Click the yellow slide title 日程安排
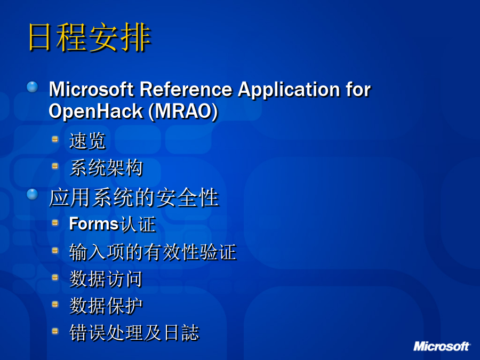coord(90,37)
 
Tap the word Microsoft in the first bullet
coord(91,89)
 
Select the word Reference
coord(186,89)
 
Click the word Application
coord(289,90)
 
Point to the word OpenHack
coord(96,112)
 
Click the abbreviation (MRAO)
coord(183,111)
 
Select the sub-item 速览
coord(87,141)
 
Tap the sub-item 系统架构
coord(106,168)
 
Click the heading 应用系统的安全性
coord(134,197)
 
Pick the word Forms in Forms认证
coord(94,223)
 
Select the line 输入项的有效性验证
coord(153,252)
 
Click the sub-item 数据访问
coord(106,279)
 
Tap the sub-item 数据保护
coord(106,306)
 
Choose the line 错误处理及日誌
coord(134,332)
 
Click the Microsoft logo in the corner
coord(442,346)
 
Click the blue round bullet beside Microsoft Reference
coord(32,87)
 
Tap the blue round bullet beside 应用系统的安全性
coord(32,194)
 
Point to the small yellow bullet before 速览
coord(55,139)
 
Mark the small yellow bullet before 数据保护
coord(55,304)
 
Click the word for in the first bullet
coord(358,89)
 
